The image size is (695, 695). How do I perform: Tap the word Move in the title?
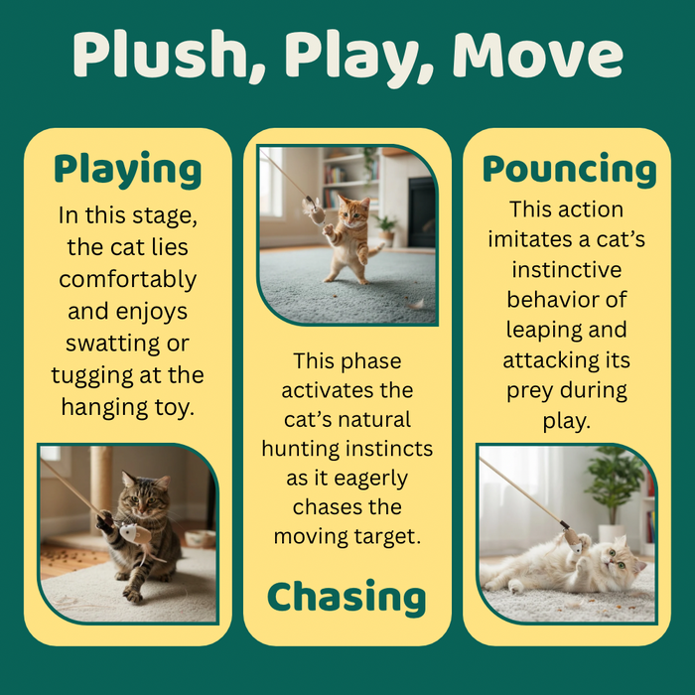[x=538, y=54]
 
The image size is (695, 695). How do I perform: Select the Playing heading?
[x=128, y=171]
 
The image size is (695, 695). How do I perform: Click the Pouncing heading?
[x=569, y=170]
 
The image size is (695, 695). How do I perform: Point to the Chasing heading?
[x=347, y=597]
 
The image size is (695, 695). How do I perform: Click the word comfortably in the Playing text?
[x=128, y=280]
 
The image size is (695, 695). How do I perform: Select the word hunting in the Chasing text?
[x=301, y=449]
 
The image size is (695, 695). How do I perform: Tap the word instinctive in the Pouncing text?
[x=567, y=269]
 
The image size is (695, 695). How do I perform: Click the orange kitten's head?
[x=353, y=212]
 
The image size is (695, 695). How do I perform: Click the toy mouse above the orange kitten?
[x=315, y=211]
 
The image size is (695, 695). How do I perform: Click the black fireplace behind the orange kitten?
[x=421, y=212]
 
